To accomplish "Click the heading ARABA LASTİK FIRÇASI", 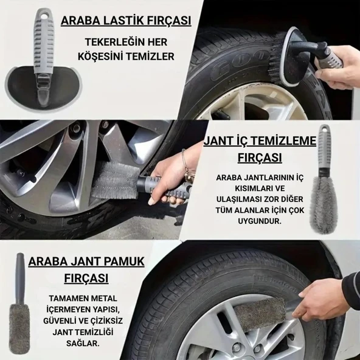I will tap(126, 21).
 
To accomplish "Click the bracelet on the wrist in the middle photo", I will tap(184, 162).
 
